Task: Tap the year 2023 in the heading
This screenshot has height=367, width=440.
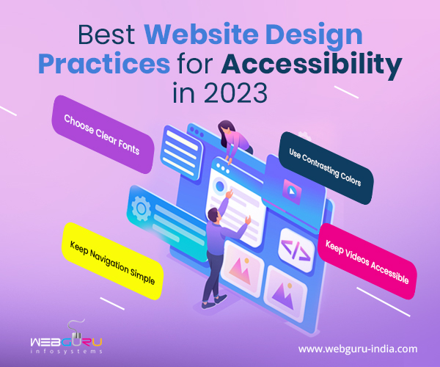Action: point(235,93)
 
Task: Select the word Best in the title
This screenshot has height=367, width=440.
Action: point(106,34)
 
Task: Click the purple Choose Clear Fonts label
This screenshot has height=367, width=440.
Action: point(103,134)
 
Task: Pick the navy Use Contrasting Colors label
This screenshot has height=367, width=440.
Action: point(326,167)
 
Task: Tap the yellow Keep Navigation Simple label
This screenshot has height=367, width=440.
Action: point(112,261)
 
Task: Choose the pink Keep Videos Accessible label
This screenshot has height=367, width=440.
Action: point(367,261)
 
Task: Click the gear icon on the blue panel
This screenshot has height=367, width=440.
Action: point(141,208)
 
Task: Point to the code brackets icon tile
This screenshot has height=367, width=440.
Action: point(296,250)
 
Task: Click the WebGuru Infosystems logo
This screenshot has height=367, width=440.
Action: point(66,338)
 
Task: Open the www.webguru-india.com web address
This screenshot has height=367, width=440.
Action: point(358,349)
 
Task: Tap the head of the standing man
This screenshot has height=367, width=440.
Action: point(214,215)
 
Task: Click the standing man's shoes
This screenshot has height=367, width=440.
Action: point(215,302)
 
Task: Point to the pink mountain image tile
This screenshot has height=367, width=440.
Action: point(242,269)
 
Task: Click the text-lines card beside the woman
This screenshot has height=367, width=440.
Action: point(181,152)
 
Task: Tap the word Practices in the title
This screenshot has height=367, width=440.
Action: point(104,63)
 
